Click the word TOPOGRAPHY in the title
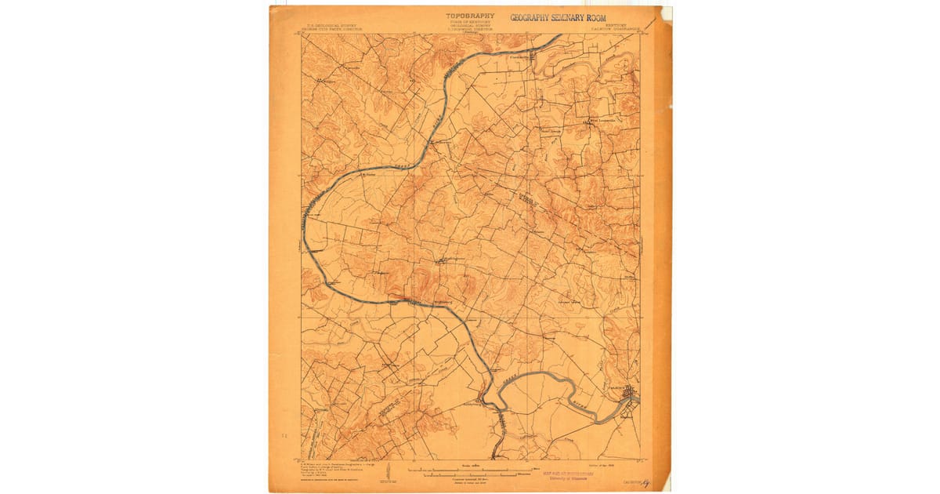pos(470,15)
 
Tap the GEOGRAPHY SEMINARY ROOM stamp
pos(558,17)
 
